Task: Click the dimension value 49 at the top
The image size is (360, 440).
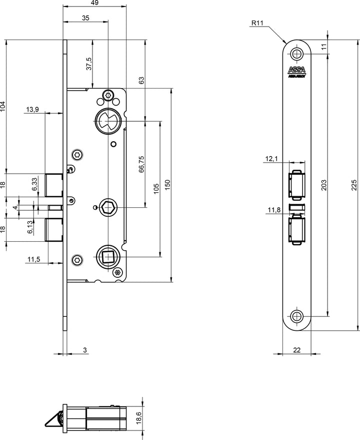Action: click(x=94, y=3)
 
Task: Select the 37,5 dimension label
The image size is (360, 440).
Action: click(x=89, y=64)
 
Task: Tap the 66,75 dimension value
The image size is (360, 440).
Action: click(x=141, y=164)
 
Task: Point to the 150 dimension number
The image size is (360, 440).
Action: click(x=167, y=185)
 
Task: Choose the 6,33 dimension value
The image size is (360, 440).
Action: click(x=34, y=185)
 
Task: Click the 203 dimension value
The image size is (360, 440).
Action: click(x=324, y=185)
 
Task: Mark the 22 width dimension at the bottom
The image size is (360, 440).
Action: click(x=296, y=350)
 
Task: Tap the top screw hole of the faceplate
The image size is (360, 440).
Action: click(x=297, y=54)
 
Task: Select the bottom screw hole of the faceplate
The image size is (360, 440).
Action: click(x=297, y=316)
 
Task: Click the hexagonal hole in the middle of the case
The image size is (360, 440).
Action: click(x=107, y=207)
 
